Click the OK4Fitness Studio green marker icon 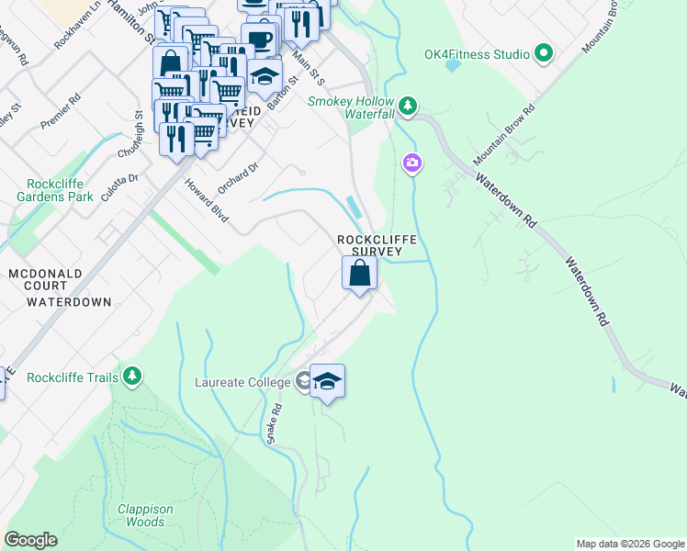pos(544,54)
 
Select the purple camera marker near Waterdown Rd pos(412,163)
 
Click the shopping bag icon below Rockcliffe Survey pos(359,273)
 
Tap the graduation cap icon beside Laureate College pos(327,381)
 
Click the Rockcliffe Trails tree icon pos(133,376)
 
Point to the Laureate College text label pos(242,382)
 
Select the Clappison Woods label pos(145,515)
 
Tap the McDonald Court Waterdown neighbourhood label pos(59,287)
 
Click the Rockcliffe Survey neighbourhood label pos(377,245)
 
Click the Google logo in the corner pos(30,540)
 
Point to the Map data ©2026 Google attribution pos(629,544)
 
